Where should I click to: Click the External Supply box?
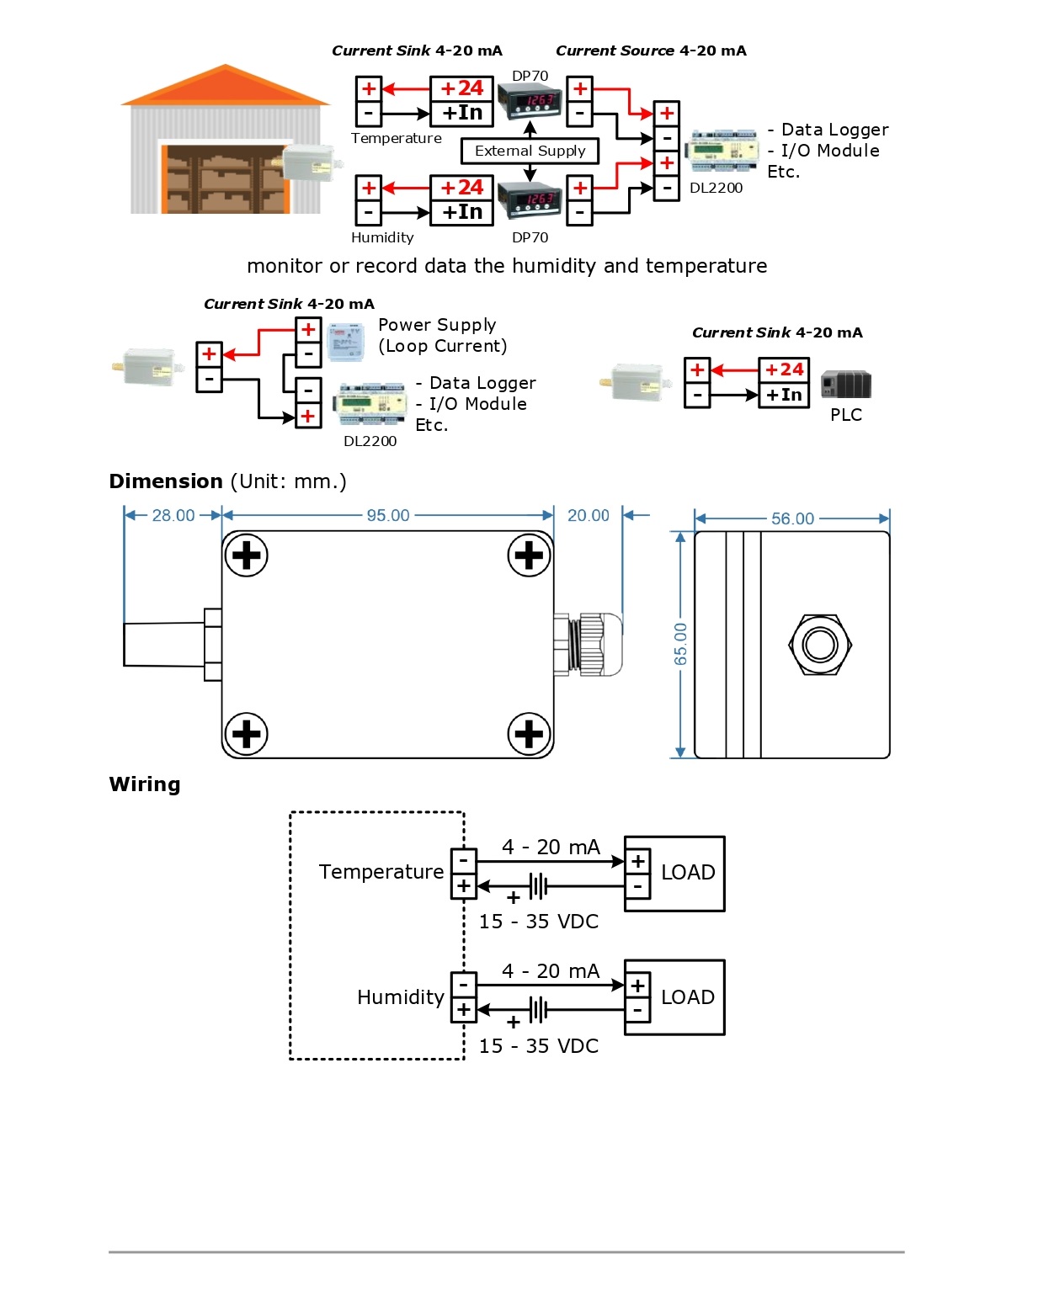[530, 151]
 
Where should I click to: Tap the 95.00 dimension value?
[388, 515]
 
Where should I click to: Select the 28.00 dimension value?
[173, 515]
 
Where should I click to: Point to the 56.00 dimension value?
[792, 518]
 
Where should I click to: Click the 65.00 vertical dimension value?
[680, 644]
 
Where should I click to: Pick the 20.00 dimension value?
[588, 515]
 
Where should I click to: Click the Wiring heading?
[145, 784]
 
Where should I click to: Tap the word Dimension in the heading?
[166, 481]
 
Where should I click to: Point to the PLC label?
[845, 415]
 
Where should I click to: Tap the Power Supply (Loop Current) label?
[442, 335]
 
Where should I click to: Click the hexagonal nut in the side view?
[820, 646]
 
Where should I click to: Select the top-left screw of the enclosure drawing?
[246, 555]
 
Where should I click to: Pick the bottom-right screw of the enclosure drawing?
[529, 734]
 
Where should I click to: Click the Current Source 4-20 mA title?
[651, 50]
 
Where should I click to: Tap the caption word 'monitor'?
[284, 266]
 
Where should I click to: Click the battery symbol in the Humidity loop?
[538, 1008]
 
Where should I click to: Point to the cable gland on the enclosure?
[589, 644]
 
